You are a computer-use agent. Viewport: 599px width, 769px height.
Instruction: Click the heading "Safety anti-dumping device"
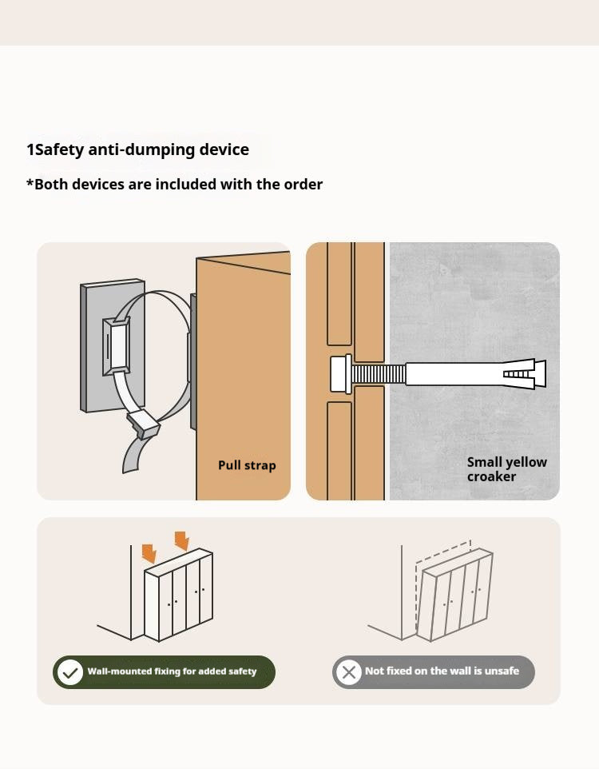coord(142,149)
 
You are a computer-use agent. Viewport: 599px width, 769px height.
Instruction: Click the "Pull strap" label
coord(247,465)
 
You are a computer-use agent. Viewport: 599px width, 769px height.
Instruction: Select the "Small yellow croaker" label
coord(507,469)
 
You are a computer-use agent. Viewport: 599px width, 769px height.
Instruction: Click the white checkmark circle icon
coord(70,672)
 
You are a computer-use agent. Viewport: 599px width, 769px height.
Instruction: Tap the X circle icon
coord(349,671)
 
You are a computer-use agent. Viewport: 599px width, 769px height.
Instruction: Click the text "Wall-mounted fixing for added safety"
coord(172,671)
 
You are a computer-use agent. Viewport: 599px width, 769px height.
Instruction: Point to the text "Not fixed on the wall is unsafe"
coord(442,671)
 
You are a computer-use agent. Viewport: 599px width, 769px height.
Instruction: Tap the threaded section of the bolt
coord(379,374)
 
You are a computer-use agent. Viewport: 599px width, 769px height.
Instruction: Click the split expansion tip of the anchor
coord(525,374)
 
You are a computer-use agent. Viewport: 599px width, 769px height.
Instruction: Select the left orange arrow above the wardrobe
coord(149,553)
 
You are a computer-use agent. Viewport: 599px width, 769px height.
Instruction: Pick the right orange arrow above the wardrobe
coord(182,541)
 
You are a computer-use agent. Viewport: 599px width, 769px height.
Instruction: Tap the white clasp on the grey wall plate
coord(117,346)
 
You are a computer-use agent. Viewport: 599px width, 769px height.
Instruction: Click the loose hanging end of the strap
coord(133,454)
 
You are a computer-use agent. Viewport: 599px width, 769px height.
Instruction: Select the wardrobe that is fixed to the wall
coord(178,595)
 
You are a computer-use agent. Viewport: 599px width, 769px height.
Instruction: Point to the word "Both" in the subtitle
coord(52,185)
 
